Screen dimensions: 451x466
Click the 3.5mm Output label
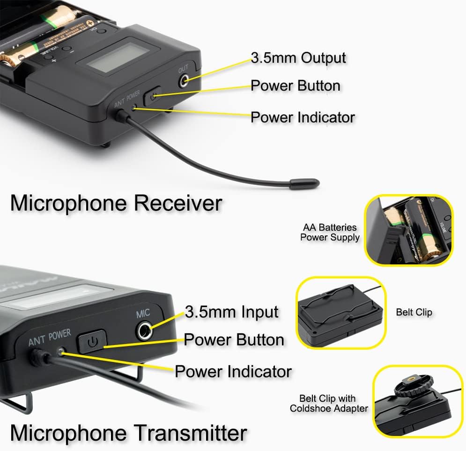[298, 58]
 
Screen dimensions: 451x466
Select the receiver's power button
[152, 96]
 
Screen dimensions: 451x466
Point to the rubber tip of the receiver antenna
[304, 184]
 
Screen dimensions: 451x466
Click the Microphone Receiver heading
[116, 203]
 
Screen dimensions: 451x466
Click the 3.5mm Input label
[231, 312]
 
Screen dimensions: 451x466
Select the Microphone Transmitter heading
[128, 432]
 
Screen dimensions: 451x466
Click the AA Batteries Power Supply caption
[330, 233]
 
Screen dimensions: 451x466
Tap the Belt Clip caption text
[414, 312]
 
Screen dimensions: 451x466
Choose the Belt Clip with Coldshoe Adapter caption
[329, 404]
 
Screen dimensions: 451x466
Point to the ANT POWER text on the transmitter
[50, 337]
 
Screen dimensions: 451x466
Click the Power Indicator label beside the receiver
[303, 117]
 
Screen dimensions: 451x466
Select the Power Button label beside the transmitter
[234, 340]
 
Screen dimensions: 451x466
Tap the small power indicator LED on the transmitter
[61, 351]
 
